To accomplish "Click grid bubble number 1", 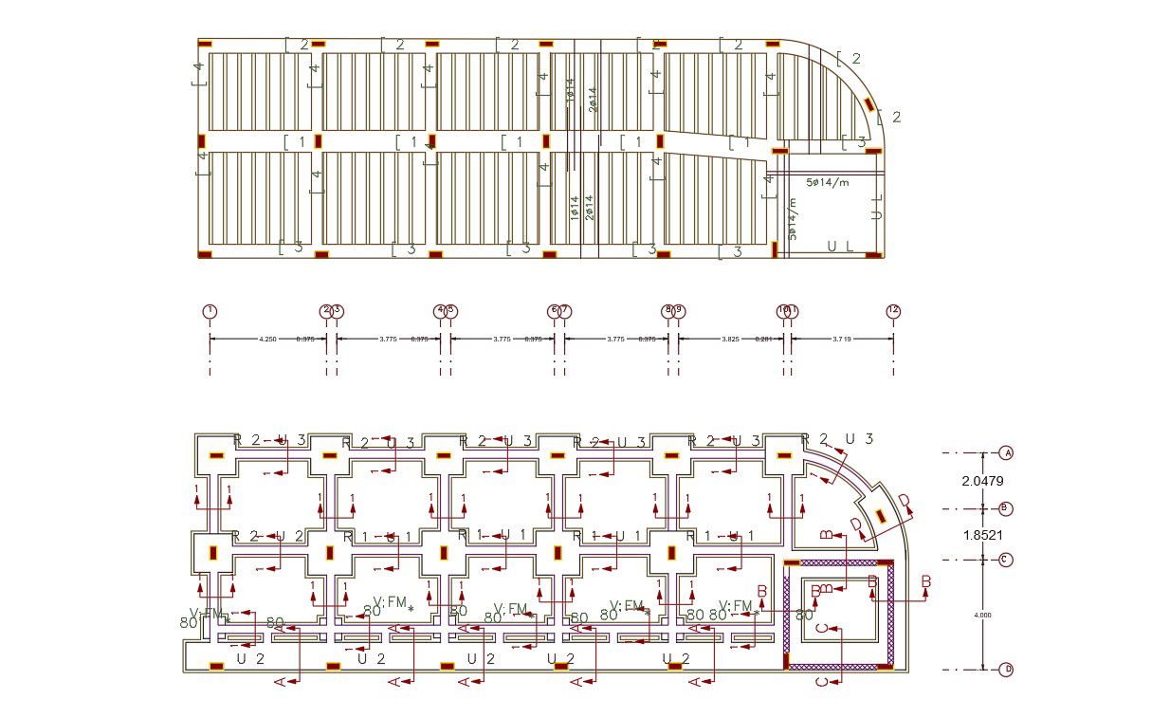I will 210,311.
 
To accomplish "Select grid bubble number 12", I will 893,311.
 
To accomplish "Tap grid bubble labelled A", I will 1007,453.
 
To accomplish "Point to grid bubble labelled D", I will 1007,670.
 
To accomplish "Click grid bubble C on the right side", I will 1007,560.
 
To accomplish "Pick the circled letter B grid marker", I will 1007,509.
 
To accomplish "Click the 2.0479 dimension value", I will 982,481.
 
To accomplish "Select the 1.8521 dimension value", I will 982,535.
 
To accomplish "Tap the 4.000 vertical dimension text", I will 983,615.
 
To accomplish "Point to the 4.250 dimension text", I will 268,339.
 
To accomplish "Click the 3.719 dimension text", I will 842,339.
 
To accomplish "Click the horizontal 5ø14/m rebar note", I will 828,181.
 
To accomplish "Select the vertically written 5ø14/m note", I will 792,218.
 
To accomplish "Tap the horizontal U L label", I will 840,246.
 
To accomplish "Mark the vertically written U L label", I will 877,208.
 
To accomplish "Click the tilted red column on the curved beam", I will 868,102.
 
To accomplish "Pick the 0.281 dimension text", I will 762,339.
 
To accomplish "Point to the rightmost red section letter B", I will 926,580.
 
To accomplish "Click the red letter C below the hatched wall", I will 822,681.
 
